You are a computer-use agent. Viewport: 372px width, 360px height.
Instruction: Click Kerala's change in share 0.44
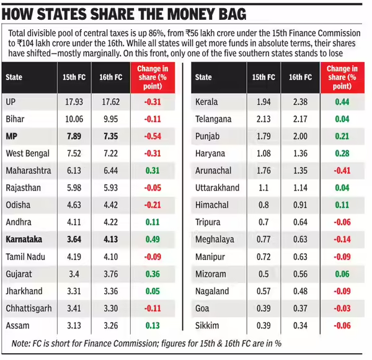coord(341,102)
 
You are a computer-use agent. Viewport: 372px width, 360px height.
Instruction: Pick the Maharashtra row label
coord(28,170)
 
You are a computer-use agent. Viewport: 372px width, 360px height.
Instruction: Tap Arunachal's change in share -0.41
coord(340,170)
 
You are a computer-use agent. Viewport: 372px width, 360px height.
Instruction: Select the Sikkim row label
coord(206,325)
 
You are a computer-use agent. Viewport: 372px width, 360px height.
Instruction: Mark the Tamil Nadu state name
coord(26,256)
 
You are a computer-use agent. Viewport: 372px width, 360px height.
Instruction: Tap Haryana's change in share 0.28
coord(341,153)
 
